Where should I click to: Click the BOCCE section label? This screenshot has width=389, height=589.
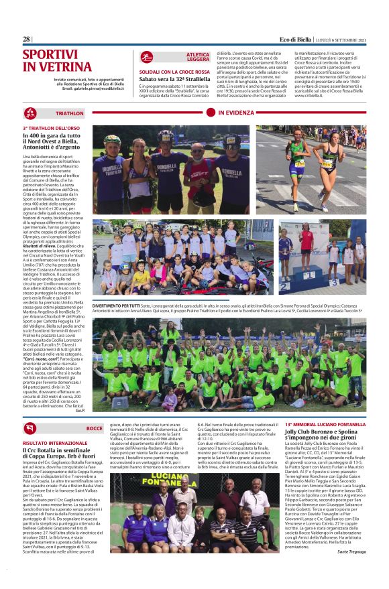coord(95,427)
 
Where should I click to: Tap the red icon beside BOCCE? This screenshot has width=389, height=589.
coord(30,428)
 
